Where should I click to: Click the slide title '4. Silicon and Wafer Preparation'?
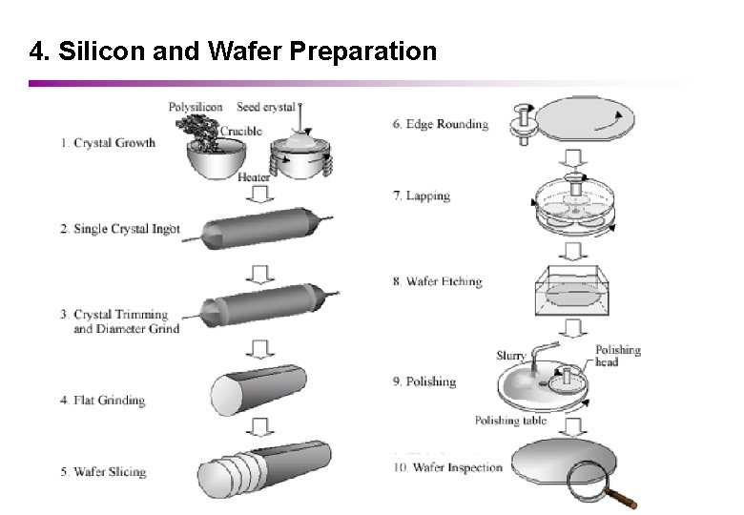coord(233,51)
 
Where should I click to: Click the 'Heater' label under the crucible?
coord(253,177)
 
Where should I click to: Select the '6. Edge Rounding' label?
coord(441,123)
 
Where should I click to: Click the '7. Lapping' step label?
coord(421,196)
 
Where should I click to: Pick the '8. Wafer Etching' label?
coord(437,281)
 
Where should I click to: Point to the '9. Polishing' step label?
coord(424,381)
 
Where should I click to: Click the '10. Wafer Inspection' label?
coord(447,467)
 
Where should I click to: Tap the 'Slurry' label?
coord(510,356)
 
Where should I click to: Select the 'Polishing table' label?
coord(510,421)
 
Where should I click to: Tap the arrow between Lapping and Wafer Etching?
coord(573,251)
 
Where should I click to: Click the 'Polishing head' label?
coord(618,356)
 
